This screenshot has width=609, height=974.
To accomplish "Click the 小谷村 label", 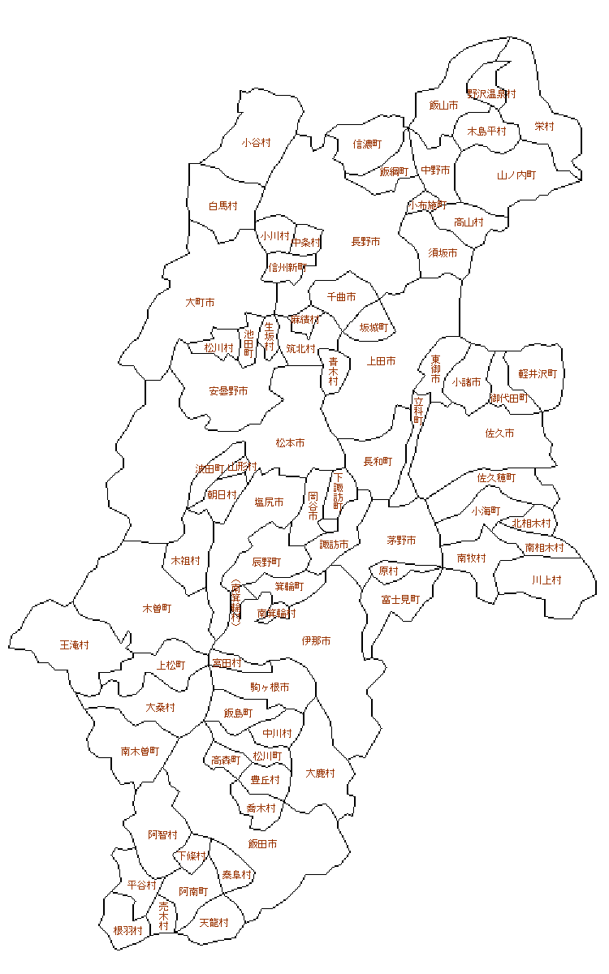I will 256,143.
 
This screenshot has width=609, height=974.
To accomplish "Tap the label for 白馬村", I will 222,206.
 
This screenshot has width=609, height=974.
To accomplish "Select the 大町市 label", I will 200,303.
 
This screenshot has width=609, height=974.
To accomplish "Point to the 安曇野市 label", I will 228,391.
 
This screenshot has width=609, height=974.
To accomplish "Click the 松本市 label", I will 290,443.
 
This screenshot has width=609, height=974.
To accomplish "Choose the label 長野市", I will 365,242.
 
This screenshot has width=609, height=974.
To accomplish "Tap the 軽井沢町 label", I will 538,374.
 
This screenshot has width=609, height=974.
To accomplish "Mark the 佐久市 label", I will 499,433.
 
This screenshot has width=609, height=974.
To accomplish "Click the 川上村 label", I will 546,580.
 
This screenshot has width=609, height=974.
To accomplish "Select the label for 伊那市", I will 316,641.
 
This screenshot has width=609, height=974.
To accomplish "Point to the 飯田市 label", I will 262,844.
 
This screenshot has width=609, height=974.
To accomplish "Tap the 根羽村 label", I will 127,931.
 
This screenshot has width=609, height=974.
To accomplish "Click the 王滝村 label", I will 75,645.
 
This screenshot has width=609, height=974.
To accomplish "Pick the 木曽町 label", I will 157,608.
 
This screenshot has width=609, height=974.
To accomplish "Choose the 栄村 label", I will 544,127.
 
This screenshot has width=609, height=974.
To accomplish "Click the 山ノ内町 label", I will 516,175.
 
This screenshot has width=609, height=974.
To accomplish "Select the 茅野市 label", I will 401,541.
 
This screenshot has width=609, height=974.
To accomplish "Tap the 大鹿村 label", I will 321,774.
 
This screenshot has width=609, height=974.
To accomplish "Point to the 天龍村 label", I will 214,923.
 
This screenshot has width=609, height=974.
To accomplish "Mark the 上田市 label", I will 382,361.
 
